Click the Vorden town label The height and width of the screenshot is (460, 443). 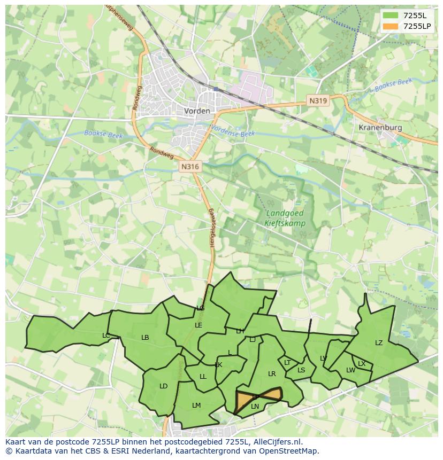pos(197,111)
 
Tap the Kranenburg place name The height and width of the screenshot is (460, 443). pos(380,128)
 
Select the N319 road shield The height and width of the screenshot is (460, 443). pos(317,100)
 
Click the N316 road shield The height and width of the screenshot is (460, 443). pos(190,167)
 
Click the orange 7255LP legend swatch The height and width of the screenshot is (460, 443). pos(391,26)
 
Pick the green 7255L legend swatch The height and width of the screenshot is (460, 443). pos(391,15)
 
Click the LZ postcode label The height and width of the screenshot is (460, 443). pos(379,343)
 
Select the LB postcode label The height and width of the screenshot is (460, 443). pos(145,338)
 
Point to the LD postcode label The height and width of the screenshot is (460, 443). pos(164,386)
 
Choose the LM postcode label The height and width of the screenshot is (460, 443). pos(196,406)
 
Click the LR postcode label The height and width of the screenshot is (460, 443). pos(272,374)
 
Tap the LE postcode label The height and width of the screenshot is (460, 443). pos(198,325)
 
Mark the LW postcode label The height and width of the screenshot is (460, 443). pos(350,370)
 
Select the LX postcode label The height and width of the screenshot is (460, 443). pos(362,364)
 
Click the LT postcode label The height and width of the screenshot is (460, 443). pos(287,363)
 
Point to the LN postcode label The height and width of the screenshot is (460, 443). pos(255,407)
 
